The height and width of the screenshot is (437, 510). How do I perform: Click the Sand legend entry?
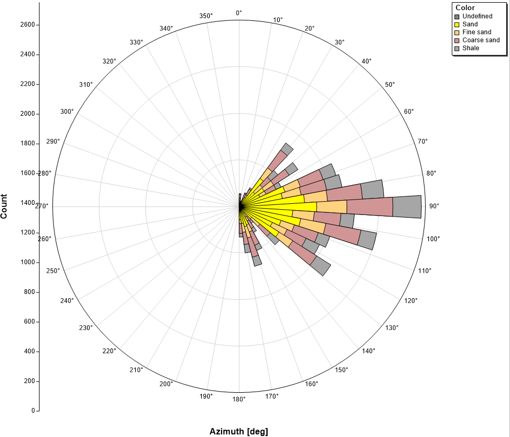point(466,25)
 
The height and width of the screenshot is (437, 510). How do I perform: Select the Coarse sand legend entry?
point(477,41)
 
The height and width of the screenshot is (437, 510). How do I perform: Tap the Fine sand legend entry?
point(473,32)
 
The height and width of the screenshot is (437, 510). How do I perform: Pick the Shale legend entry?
point(467,48)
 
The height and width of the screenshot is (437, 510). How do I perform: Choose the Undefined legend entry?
point(473,16)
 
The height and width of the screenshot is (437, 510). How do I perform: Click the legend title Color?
point(465,7)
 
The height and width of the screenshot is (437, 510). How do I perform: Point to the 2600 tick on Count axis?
point(27,25)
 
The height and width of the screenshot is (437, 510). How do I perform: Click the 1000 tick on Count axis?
point(27,262)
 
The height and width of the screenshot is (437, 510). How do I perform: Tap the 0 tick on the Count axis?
point(33,411)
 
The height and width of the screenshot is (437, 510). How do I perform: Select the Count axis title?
point(4,206)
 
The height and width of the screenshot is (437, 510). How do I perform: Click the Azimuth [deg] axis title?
point(239,432)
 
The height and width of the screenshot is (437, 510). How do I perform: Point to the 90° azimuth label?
point(434,206)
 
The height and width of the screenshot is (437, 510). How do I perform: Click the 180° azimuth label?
point(239,399)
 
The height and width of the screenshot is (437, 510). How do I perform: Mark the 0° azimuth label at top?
point(239,13)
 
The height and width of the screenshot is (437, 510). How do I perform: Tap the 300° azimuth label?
point(67,112)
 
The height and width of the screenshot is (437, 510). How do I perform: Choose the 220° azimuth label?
point(109,351)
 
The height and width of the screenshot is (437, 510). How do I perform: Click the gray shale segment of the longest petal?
point(407,206)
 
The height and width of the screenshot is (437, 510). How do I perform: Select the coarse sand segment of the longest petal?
point(370,206)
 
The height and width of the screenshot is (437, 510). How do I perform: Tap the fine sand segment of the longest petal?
point(332,206)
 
